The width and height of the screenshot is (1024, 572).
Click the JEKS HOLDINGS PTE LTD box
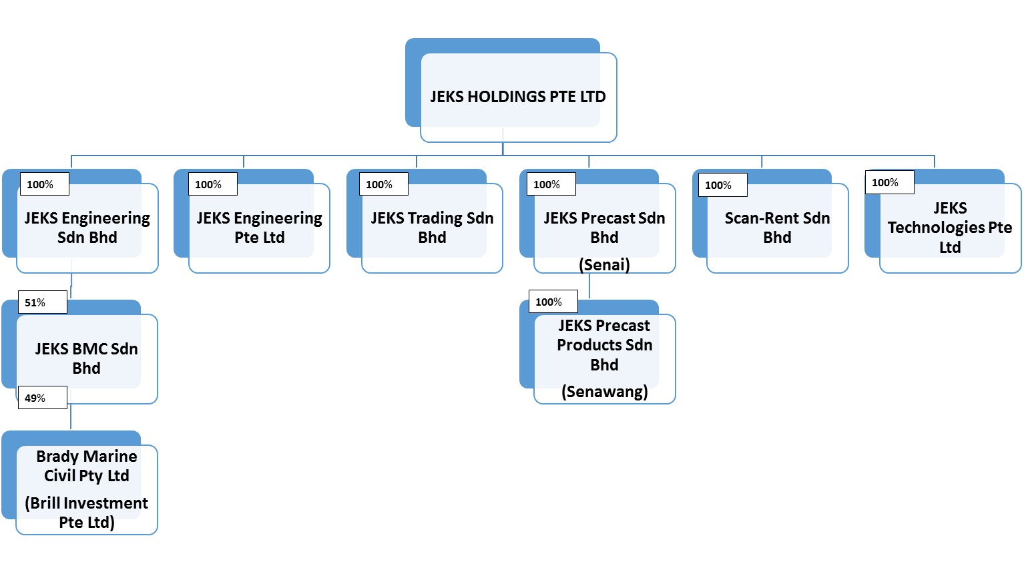pyautogui.click(x=517, y=97)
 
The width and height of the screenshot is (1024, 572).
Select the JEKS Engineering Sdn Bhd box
pyautogui.click(x=87, y=228)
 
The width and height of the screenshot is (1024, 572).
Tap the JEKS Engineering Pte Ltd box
pyautogui.click(x=259, y=228)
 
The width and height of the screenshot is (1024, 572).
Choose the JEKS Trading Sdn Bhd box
pyautogui.click(x=432, y=228)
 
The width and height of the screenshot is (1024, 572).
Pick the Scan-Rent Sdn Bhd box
pyautogui.click(x=777, y=228)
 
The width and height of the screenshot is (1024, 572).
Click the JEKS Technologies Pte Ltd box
pyautogui.click(x=949, y=228)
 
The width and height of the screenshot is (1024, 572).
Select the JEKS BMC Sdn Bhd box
pyautogui.click(x=86, y=358)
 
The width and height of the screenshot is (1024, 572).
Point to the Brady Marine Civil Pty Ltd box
pyautogui.click(x=87, y=466)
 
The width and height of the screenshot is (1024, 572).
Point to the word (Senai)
pyautogui.click(x=604, y=265)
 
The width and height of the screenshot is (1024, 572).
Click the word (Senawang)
pyautogui.click(x=604, y=392)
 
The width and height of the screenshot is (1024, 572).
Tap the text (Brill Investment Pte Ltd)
pyautogui.click(x=87, y=513)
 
